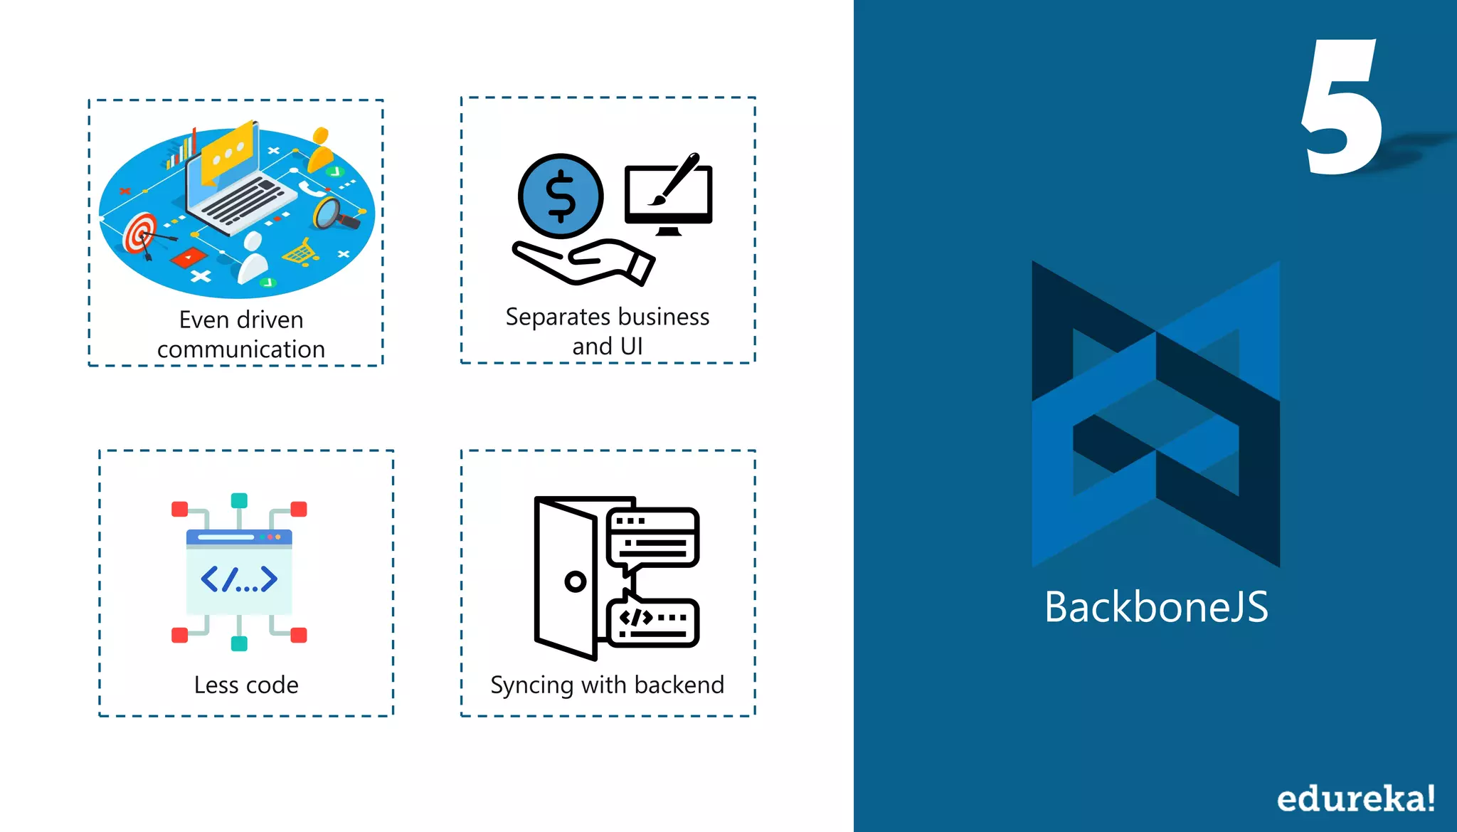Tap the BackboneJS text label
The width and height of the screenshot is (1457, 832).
click(1156, 607)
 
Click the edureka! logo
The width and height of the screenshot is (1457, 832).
click(1355, 798)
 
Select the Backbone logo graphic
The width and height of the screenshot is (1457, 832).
click(1156, 414)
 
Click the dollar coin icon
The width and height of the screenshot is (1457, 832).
click(561, 196)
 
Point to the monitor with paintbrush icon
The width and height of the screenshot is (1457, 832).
click(668, 194)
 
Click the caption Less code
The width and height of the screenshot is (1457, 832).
click(246, 685)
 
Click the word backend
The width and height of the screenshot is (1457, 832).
click(679, 685)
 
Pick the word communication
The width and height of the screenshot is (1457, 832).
click(240, 349)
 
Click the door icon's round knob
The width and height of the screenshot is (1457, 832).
click(575, 581)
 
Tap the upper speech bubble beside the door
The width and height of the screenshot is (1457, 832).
click(653, 537)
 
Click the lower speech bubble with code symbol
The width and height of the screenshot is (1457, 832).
click(653, 621)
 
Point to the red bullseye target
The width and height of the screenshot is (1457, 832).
click(140, 233)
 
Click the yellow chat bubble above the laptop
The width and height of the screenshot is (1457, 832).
click(227, 150)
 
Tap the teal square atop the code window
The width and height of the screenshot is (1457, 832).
click(239, 500)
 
